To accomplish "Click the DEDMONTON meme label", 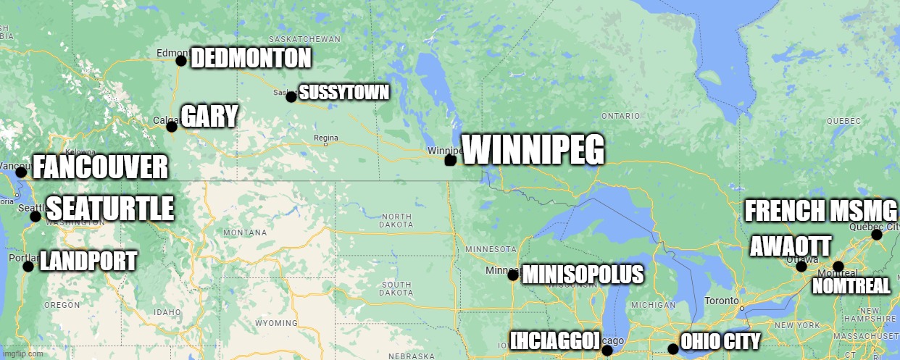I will coord(251,59).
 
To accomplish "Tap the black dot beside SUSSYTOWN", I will coord(291,97).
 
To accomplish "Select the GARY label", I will coord(209,117).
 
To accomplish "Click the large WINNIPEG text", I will coord(533,150).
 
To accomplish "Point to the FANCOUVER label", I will coord(101,168).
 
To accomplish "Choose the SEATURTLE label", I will coord(110,209).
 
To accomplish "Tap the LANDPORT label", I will coord(88,261).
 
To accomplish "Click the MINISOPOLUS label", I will coord(582,275).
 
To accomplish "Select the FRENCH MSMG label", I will coord(821,211).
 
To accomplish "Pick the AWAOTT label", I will coord(790,246).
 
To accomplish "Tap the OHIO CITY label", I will coord(721,342).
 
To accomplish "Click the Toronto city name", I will coord(721,301).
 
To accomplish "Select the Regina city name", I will coord(326,138).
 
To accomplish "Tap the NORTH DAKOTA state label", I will coord(396,220).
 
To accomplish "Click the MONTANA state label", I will coord(245,233).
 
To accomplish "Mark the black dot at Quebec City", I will coord(876,235).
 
